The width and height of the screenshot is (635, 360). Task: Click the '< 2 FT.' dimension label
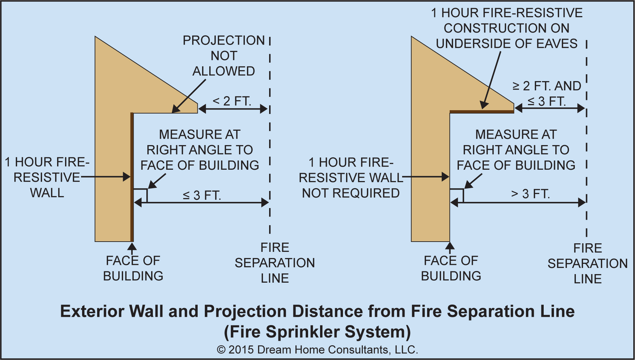click(x=232, y=101)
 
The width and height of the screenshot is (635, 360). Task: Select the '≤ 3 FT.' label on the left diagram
click(x=202, y=195)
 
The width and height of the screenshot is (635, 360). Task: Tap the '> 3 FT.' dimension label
click(x=530, y=194)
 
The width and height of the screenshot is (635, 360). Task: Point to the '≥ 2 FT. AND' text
click(x=547, y=86)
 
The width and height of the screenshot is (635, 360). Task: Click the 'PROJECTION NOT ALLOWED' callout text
click(x=224, y=56)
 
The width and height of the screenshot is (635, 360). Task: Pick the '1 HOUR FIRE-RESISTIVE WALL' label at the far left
click(x=47, y=177)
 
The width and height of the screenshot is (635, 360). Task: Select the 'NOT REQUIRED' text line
click(x=350, y=193)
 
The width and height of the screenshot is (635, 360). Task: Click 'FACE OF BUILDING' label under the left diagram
click(x=133, y=268)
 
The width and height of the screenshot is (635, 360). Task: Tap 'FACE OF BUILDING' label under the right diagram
click(x=451, y=268)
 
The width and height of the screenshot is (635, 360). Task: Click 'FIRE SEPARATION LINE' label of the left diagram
click(x=275, y=263)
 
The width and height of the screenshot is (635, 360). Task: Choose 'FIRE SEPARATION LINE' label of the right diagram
click(x=587, y=263)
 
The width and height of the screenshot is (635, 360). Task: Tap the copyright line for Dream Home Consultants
click(x=317, y=350)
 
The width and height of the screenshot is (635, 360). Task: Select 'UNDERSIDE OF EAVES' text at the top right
click(x=506, y=44)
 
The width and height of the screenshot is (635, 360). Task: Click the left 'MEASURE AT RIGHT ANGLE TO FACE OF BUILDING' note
click(x=200, y=150)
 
